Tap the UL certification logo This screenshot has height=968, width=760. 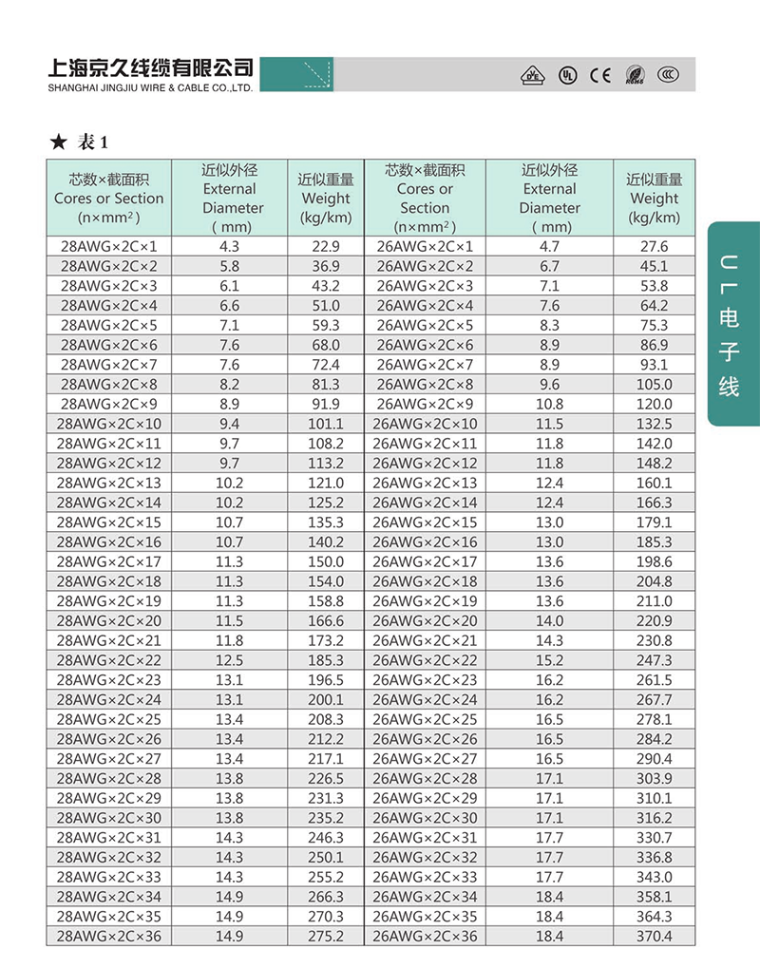[x=567, y=75]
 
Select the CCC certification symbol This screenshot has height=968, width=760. [x=668, y=75]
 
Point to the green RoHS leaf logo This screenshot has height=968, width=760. [x=635, y=75]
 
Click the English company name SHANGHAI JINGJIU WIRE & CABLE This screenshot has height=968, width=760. [x=149, y=88]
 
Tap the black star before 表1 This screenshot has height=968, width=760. [x=58, y=142]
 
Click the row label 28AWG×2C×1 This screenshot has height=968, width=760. [x=109, y=247]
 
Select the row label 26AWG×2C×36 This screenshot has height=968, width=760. [x=425, y=937]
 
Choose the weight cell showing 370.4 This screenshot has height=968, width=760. [x=654, y=937]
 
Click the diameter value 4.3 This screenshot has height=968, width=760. [x=230, y=247]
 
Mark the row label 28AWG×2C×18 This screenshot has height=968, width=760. [x=109, y=581]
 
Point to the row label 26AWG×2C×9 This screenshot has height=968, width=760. [x=425, y=404]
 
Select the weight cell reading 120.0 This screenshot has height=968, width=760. [x=654, y=404]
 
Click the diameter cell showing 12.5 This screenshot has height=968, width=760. [x=230, y=660]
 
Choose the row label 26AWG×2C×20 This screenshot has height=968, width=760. [x=425, y=621]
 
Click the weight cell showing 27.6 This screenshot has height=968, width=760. [x=654, y=247]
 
